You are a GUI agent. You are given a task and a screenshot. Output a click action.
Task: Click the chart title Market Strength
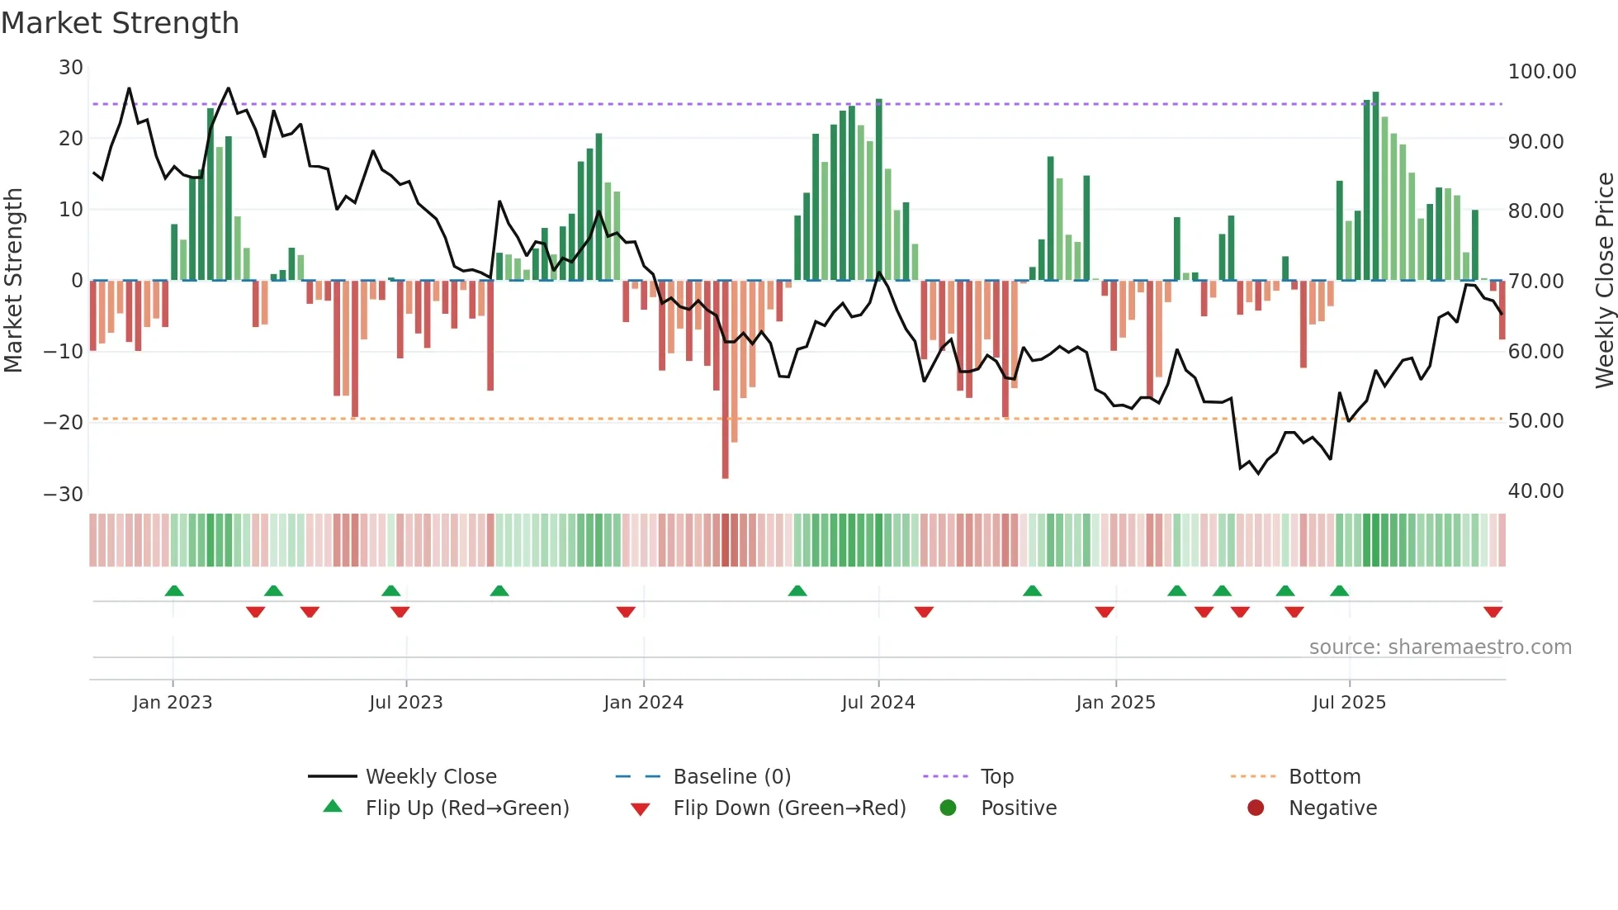coord(121,23)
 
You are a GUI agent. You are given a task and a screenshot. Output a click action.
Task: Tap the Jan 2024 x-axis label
coord(643,703)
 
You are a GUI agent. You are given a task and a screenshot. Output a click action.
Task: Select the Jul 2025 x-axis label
coord(1349,703)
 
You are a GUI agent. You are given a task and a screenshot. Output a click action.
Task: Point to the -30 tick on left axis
coord(64,495)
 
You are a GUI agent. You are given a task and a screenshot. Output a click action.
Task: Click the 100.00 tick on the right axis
coord(1541,72)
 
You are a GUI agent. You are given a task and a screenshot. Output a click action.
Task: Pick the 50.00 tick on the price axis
coord(1535,421)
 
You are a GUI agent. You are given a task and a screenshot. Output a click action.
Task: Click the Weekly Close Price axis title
coord(1604,281)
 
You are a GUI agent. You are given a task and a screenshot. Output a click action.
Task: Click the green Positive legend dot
coord(948,808)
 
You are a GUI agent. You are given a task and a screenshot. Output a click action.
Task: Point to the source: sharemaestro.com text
coord(1440,647)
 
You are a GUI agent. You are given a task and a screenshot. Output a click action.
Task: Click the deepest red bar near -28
coord(725,380)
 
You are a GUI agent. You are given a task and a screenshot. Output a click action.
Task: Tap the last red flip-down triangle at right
coord(1493,612)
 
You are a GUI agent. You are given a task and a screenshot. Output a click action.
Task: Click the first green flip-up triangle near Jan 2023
coord(174,590)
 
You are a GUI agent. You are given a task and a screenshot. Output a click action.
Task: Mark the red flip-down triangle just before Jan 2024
coord(626,612)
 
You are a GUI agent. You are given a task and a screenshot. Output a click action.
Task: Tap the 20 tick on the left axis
coord(71,139)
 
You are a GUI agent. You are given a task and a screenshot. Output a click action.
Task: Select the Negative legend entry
coord(1332,808)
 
